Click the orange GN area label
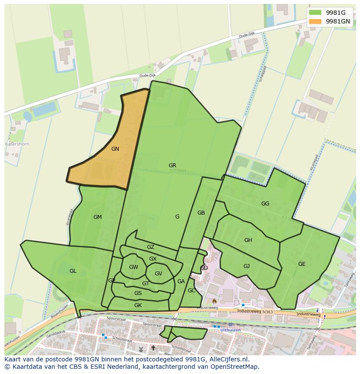(115, 149)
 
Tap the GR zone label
(172, 165)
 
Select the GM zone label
(97, 217)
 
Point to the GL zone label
(73, 271)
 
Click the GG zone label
(265, 203)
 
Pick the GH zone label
(248, 240)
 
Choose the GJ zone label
(246, 266)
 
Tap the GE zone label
(301, 264)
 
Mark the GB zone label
(201, 213)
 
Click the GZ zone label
(150, 247)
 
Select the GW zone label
(133, 267)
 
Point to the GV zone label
(158, 273)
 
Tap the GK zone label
(138, 305)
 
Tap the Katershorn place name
(17, 143)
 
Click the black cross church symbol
(153, 348)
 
